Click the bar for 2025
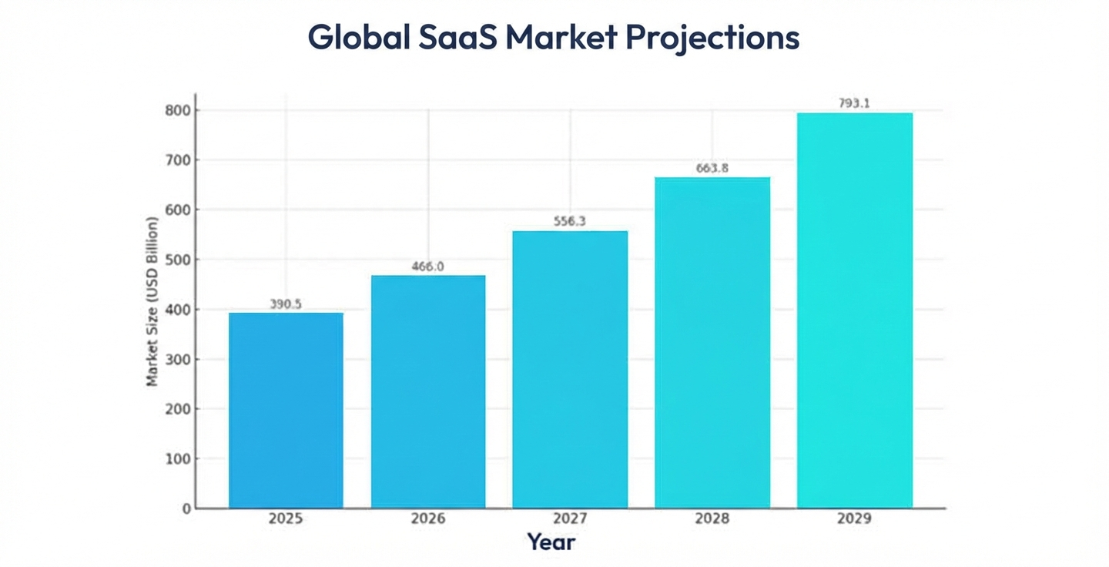286,410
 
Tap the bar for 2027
570,369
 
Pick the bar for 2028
712,342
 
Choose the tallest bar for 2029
854,310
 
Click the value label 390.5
286,304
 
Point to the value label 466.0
428,267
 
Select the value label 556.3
570,221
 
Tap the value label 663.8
712,168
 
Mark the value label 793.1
854,103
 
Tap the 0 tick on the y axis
186,508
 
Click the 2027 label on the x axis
570,518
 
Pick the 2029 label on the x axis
854,518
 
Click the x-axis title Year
551,542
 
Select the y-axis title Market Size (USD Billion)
152,301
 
